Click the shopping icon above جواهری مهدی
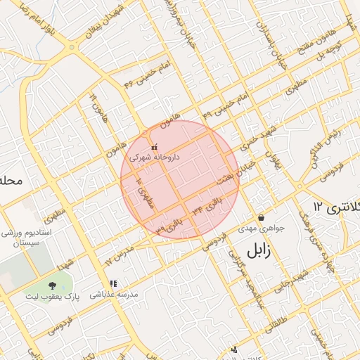pyautogui.click(x=262, y=218)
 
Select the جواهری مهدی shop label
pyautogui.click(x=261, y=229)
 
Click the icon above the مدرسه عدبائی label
pyautogui.click(x=113, y=284)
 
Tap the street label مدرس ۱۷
pyautogui.click(x=118, y=256)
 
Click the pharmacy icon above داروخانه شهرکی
pyautogui.click(x=154, y=148)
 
